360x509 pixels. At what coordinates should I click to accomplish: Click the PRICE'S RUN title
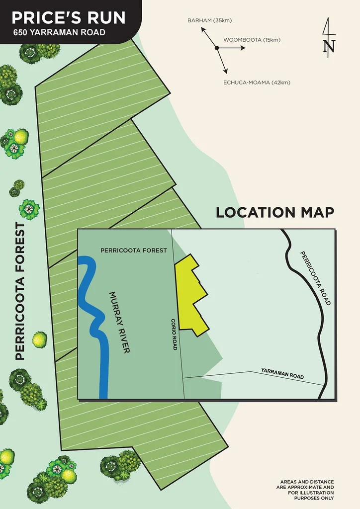tap(69, 18)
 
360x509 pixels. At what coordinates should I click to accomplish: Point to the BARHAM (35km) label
tap(209, 20)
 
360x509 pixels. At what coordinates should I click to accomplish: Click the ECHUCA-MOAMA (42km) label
tap(257, 83)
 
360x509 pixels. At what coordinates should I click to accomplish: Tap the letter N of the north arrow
tap(329, 46)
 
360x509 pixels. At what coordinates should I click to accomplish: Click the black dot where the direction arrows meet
tap(217, 48)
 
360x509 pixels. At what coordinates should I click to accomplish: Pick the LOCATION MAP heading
tap(274, 212)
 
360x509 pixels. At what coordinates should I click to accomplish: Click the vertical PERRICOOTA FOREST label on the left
tap(20, 291)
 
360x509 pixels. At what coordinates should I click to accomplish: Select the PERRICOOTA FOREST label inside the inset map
tap(134, 251)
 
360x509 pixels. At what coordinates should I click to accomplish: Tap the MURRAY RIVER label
tap(119, 323)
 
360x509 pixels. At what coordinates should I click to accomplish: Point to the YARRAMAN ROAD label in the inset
tap(282, 374)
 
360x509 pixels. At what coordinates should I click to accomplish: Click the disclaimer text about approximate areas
tap(307, 490)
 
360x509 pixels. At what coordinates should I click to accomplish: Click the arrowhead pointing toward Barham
tap(203, 29)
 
